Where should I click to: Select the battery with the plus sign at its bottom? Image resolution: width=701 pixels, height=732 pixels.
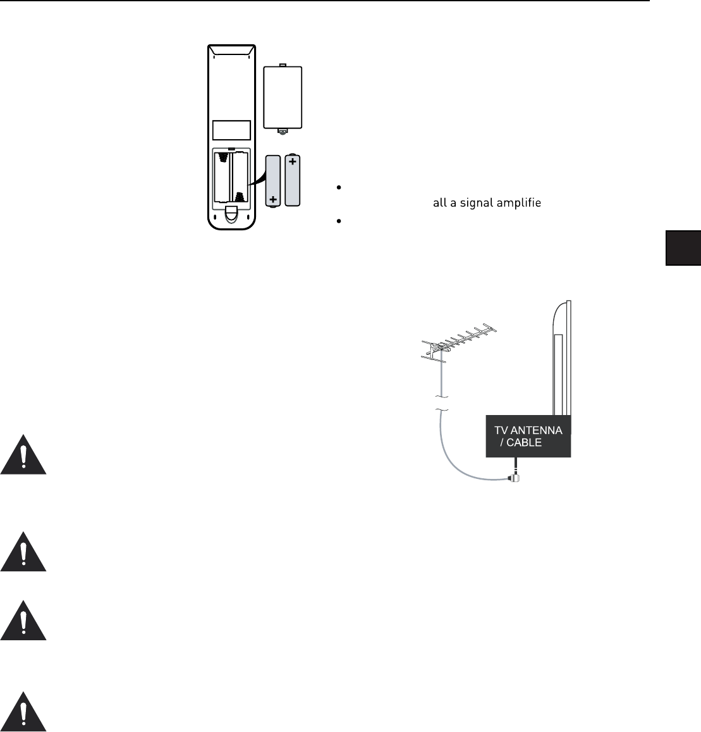pos(273,182)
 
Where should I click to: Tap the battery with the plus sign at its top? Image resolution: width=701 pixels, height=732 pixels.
pos(293,179)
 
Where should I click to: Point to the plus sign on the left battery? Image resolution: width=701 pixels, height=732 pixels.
pos(273,199)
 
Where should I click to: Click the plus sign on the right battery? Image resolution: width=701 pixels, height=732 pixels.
pos(293,162)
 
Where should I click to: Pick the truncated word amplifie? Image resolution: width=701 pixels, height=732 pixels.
pos(520,204)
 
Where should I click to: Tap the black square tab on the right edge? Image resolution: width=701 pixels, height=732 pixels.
pos(683,248)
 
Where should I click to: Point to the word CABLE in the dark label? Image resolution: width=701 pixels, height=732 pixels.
pos(525,442)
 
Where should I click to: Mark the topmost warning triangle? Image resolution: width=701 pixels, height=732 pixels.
pos(23,455)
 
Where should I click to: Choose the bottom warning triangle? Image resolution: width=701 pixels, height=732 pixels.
pos(23,712)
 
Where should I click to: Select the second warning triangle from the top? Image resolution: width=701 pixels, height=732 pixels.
pos(23,552)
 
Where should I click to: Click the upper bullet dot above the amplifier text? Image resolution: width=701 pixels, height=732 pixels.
pos(339,188)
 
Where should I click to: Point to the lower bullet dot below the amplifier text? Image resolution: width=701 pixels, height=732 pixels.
pos(339,221)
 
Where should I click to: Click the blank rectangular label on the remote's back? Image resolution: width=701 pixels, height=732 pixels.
pos(232,130)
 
